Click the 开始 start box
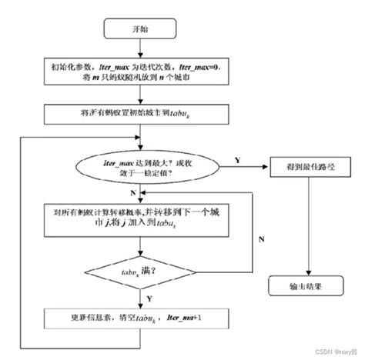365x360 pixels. pyautogui.click(x=138, y=30)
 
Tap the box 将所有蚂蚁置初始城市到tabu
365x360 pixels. pyautogui.click(x=138, y=115)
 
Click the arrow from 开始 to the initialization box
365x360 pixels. pyautogui.click(x=138, y=51)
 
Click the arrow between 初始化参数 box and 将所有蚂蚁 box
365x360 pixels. pyautogui.click(x=138, y=98)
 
